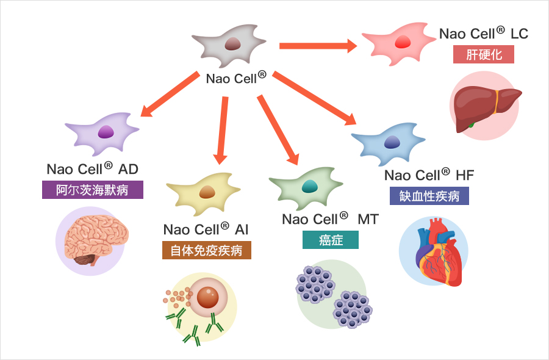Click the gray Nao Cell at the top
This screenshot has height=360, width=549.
click(231, 44)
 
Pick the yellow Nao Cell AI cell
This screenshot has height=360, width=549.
click(205, 192)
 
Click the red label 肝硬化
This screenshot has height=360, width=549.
click(484, 54)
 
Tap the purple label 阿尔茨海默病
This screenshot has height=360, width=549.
click(93, 190)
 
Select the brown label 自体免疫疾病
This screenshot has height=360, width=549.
click(206, 250)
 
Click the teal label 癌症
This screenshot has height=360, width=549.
click(331, 240)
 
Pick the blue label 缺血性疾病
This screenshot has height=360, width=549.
click(429, 196)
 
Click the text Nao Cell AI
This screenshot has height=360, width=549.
click(206, 229)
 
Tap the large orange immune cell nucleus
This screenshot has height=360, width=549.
click(208, 297)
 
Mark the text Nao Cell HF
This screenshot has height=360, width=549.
click(429, 175)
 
